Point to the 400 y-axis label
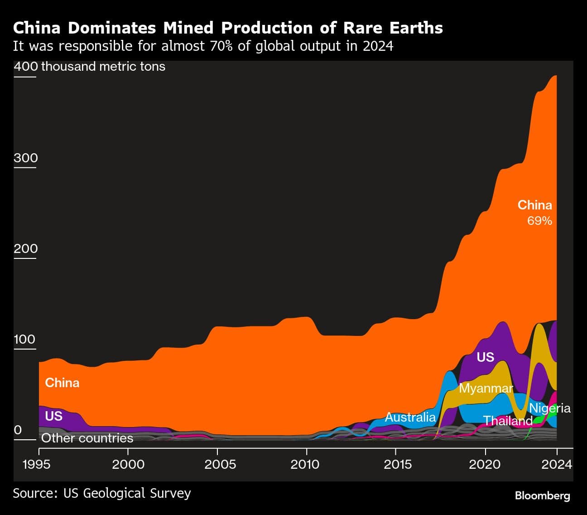coord(26,67)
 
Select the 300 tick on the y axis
coord(26,158)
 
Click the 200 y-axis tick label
coord(26,249)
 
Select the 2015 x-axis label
coord(396,465)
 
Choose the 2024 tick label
coord(557,465)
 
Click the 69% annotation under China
coord(539,221)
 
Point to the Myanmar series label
coord(486,389)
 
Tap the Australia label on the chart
coord(410,418)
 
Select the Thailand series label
coord(507,421)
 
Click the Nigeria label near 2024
coord(549,408)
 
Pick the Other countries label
coord(87,438)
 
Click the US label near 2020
coord(485,357)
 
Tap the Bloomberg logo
coord(542,496)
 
